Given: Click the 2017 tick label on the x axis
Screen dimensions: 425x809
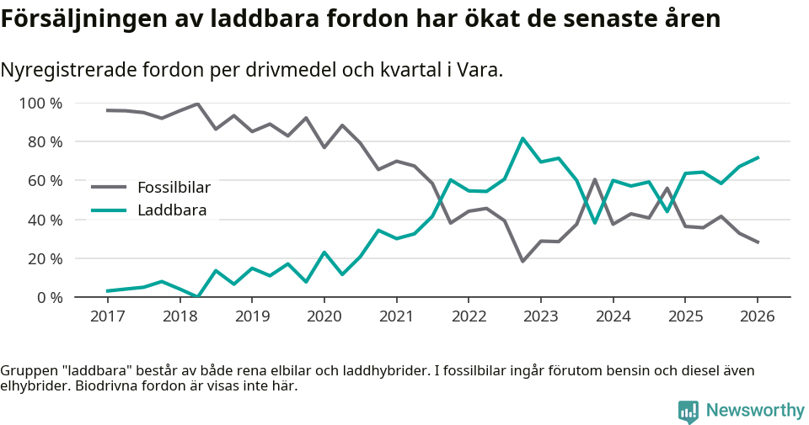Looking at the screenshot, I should click(107, 316).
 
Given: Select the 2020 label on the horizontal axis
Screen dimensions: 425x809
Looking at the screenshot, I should click(324, 316).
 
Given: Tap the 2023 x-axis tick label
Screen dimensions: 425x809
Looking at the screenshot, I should click(540, 316).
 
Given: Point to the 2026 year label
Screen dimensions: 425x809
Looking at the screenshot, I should click(757, 316).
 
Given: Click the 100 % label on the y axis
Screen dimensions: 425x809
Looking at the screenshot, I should click(41, 104).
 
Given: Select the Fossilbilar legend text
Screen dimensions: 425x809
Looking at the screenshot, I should click(174, 188).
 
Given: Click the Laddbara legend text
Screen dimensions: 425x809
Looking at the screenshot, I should click(172, 210).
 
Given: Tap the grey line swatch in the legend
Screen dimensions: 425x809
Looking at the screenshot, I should click(109, 188).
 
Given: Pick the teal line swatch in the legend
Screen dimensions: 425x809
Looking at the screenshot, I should click(109, 210).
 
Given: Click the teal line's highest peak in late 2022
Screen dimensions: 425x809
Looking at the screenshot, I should click(522, 138).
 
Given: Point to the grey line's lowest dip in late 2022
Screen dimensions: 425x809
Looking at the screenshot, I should click(522, 261).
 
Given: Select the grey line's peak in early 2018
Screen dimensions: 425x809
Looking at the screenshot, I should click(197, 104).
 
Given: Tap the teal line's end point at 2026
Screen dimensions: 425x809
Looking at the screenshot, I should click(758, 157).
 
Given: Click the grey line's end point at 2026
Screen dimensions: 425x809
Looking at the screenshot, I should click(758, 242).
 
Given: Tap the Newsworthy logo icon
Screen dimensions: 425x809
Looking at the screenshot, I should click(688, 411).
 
